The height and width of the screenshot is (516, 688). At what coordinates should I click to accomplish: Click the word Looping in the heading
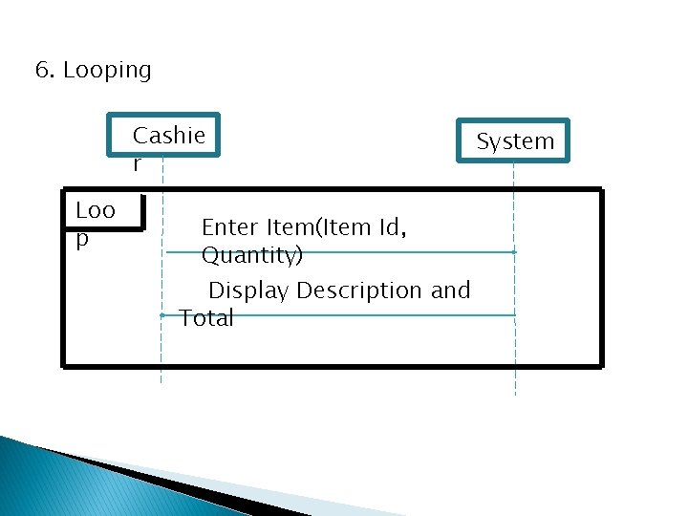point(107,71)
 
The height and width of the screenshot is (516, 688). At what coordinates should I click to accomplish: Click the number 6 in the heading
point(41,71)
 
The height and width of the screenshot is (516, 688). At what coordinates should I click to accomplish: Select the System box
point(514,140)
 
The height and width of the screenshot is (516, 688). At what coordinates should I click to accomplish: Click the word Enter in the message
point(229,227)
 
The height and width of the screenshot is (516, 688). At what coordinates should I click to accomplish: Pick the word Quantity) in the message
point(252,256)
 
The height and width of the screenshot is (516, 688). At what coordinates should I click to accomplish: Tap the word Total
point(206,318)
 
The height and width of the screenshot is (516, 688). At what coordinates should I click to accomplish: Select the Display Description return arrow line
point(382,314)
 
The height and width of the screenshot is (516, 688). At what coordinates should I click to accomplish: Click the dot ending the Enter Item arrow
point(514,252)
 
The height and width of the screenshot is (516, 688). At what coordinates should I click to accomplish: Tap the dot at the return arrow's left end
point(163,314)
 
